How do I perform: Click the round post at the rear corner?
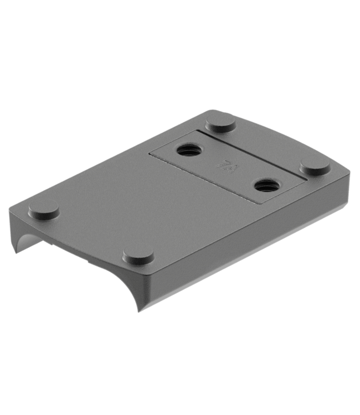220,121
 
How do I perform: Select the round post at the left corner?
44,207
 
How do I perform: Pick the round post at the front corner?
138,255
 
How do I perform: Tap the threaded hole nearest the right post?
263,184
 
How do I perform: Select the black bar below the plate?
180,368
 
